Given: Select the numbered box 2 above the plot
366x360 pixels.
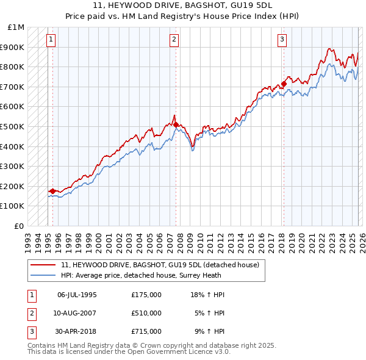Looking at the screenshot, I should (174, 40).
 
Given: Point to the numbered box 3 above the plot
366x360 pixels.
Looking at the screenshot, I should (282, 40).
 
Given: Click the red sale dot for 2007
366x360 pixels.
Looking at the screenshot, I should (176, 124).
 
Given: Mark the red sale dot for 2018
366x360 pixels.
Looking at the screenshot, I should (284, 84).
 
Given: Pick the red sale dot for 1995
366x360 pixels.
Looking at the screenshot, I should (52, 191).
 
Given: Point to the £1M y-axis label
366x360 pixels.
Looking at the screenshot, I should (16, 27).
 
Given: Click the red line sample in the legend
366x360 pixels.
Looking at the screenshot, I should (43, 265).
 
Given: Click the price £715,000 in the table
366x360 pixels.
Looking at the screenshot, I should (146, 332).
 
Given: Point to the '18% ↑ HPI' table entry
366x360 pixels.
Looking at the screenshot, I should (208, 295).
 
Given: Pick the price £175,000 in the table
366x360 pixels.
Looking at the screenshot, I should (146, 295).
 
